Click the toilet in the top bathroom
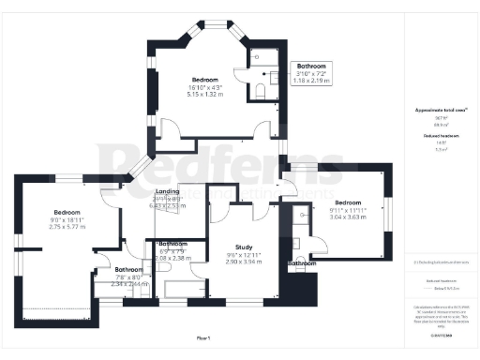(x=262, y=91)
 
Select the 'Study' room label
(x=246, y=247)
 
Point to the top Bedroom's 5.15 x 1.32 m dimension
(x=206, y=95)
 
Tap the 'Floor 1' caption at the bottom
(x=202, y=336)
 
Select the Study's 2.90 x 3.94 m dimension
(x=246, y=262)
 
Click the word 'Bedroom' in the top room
(x=206, y=80)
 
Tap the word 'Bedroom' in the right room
(x=349, y=202)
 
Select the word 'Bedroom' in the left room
(x=67, y=212)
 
